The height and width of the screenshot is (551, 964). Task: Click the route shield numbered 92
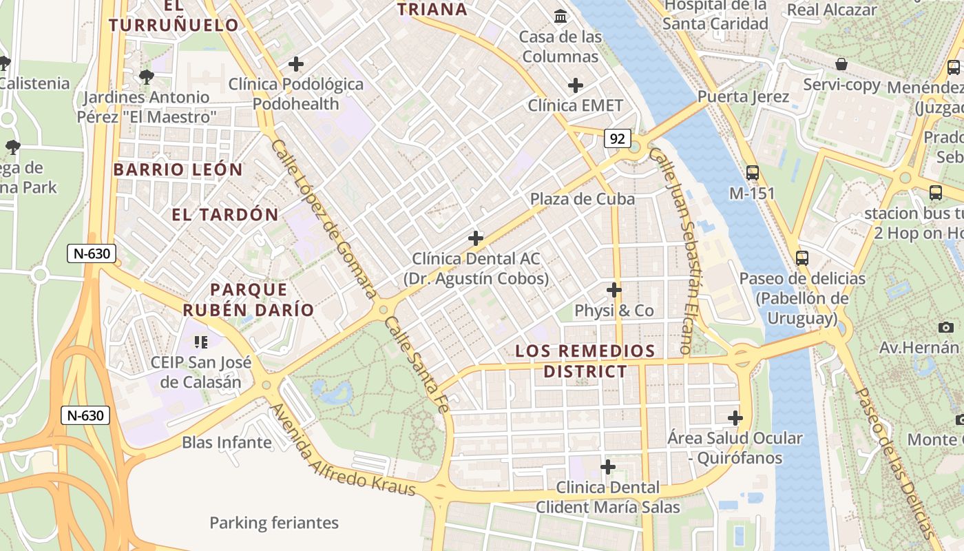[x=618, y=138]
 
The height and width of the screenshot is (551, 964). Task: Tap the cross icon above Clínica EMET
[x=576, y=85]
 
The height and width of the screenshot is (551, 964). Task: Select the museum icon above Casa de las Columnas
[x=560, y=16]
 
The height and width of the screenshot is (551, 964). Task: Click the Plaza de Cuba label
[x=583, y=199]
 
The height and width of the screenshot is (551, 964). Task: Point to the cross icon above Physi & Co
[x=614, y=290]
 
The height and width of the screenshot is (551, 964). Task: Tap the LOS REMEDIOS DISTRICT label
[x=585, y=361]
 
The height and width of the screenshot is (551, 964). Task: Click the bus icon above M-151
[x=753, y=173]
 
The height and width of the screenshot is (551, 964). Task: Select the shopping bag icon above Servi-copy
[x=841, y=65]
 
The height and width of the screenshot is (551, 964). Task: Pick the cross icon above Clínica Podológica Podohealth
[x=296, y=64]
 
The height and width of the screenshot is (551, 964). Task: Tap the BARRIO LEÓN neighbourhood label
[x=178, y=169]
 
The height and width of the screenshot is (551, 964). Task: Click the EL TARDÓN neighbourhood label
[x=225, y=215]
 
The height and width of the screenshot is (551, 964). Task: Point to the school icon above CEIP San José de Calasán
[x=201, y=342]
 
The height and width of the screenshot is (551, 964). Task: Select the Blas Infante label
[x=227, y=442]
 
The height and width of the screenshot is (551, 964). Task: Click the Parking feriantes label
[x=274, y=523]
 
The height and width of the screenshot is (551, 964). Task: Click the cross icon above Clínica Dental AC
[x=475, y=238]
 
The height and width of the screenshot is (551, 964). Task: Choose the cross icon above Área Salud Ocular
[x=735, y=417]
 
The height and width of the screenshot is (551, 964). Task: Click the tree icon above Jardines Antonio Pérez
[x=146, y=76]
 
